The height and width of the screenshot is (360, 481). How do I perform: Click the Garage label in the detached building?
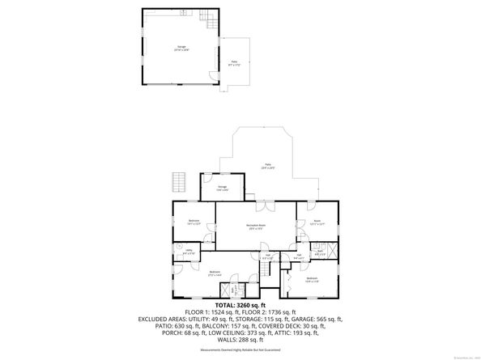tap(181, 48)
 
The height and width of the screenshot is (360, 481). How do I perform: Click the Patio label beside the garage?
tap(234, 62)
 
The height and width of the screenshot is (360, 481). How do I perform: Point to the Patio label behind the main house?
tap(266, 166)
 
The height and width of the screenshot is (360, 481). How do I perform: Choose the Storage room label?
tap(222, 188)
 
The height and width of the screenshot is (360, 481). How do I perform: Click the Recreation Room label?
tap(256, 227)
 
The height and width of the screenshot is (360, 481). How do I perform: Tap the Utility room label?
tap(188, 252)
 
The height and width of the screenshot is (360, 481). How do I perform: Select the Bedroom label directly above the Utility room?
tap(194, 222)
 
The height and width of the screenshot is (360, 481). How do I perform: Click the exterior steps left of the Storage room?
tap(180, 182)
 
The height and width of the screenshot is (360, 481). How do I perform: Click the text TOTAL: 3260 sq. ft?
tap(240, 305)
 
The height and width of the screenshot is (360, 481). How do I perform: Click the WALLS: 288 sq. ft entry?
tap(240, 333)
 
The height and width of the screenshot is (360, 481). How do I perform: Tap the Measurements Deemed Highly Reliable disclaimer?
tap(240, 349)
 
